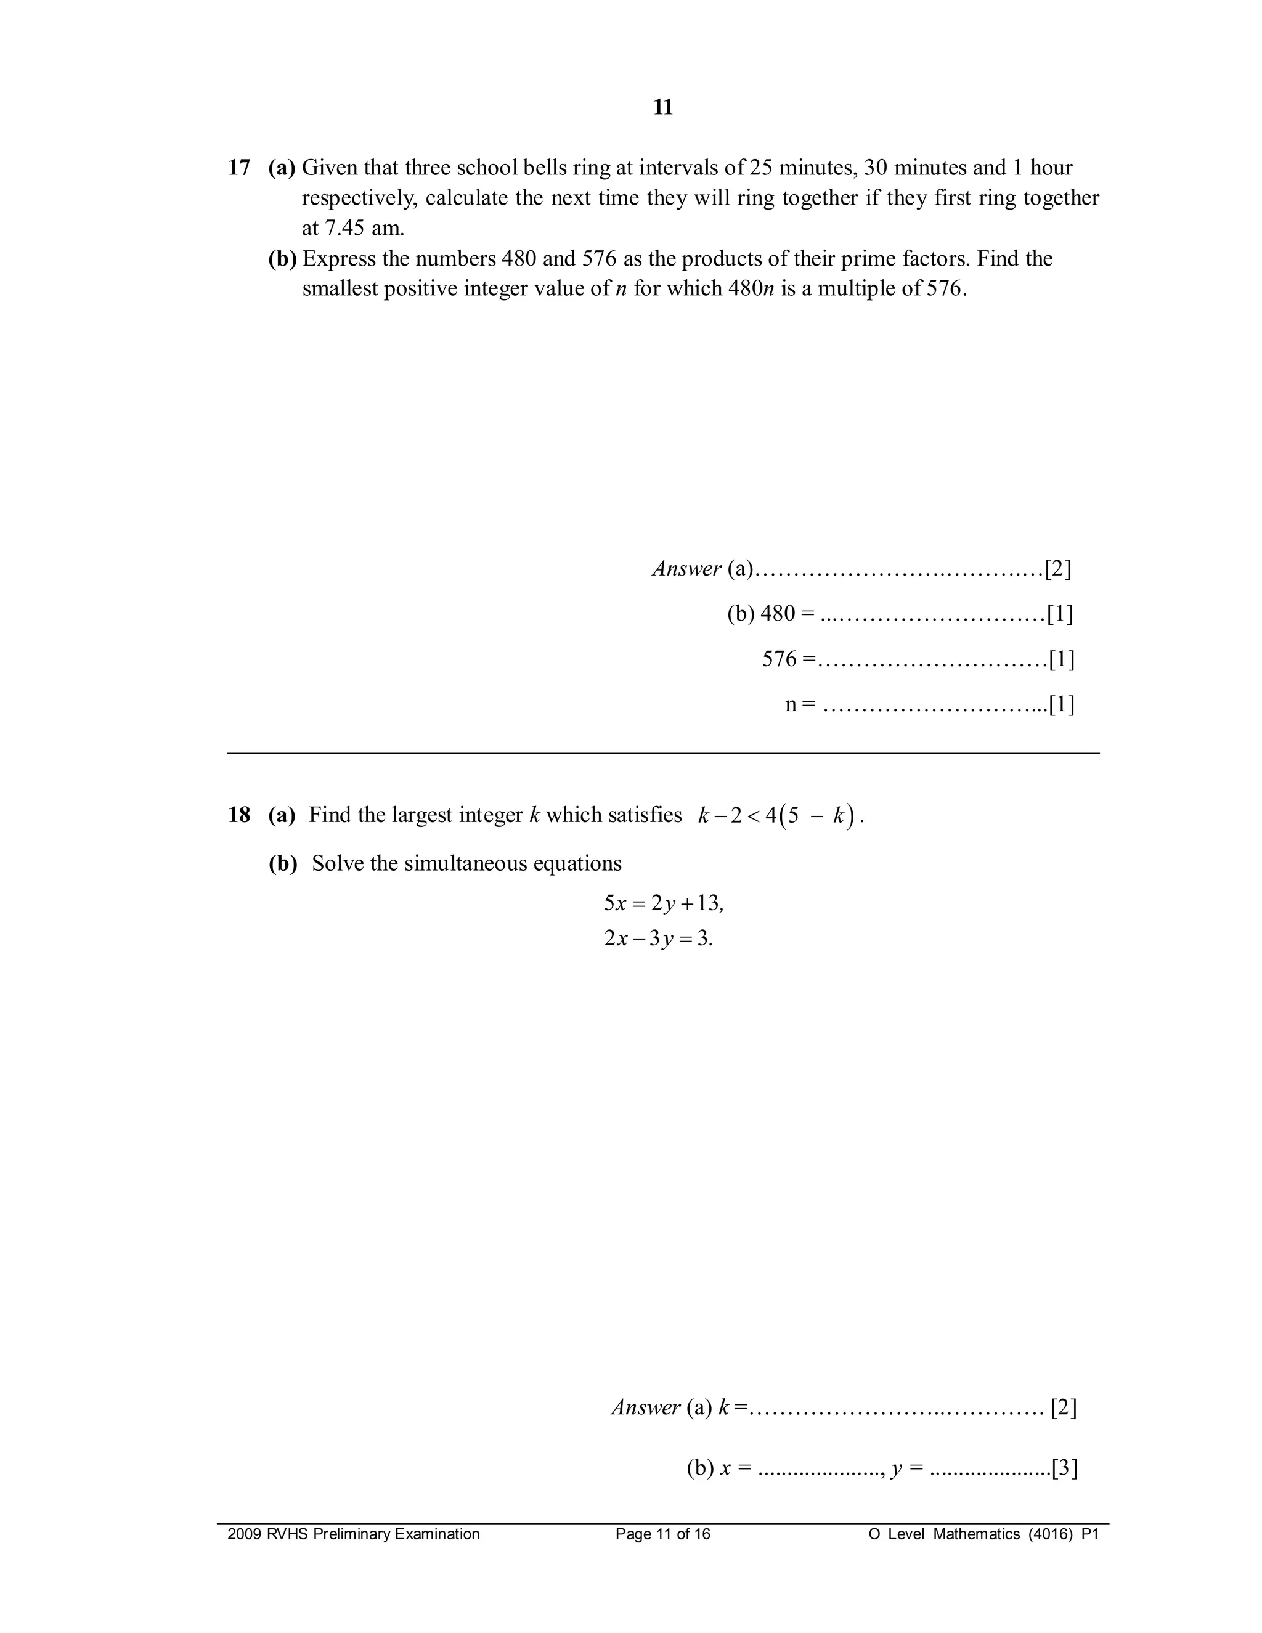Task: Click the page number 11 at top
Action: point(662,108)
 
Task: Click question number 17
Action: point(238,168)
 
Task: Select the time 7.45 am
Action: point(353,227)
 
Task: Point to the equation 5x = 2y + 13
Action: point(663,903)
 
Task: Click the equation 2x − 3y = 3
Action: point(658,938)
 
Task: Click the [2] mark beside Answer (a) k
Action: point(1063,1408)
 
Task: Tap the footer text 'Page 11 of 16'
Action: point(662,1534)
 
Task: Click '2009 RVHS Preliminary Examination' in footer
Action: point(354,1534)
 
